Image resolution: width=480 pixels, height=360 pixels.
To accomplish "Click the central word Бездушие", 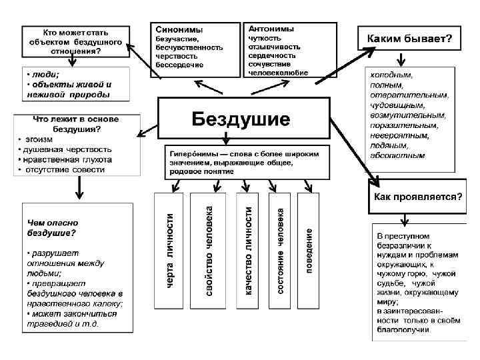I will [241, 119].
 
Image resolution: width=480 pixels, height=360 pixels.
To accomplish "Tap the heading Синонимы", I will [179, 30].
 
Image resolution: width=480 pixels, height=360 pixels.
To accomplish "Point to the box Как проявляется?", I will [417, 197].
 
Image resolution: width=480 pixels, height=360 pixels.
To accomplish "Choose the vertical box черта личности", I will [169, 250].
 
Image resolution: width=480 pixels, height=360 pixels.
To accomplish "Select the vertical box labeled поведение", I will [310, 250].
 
